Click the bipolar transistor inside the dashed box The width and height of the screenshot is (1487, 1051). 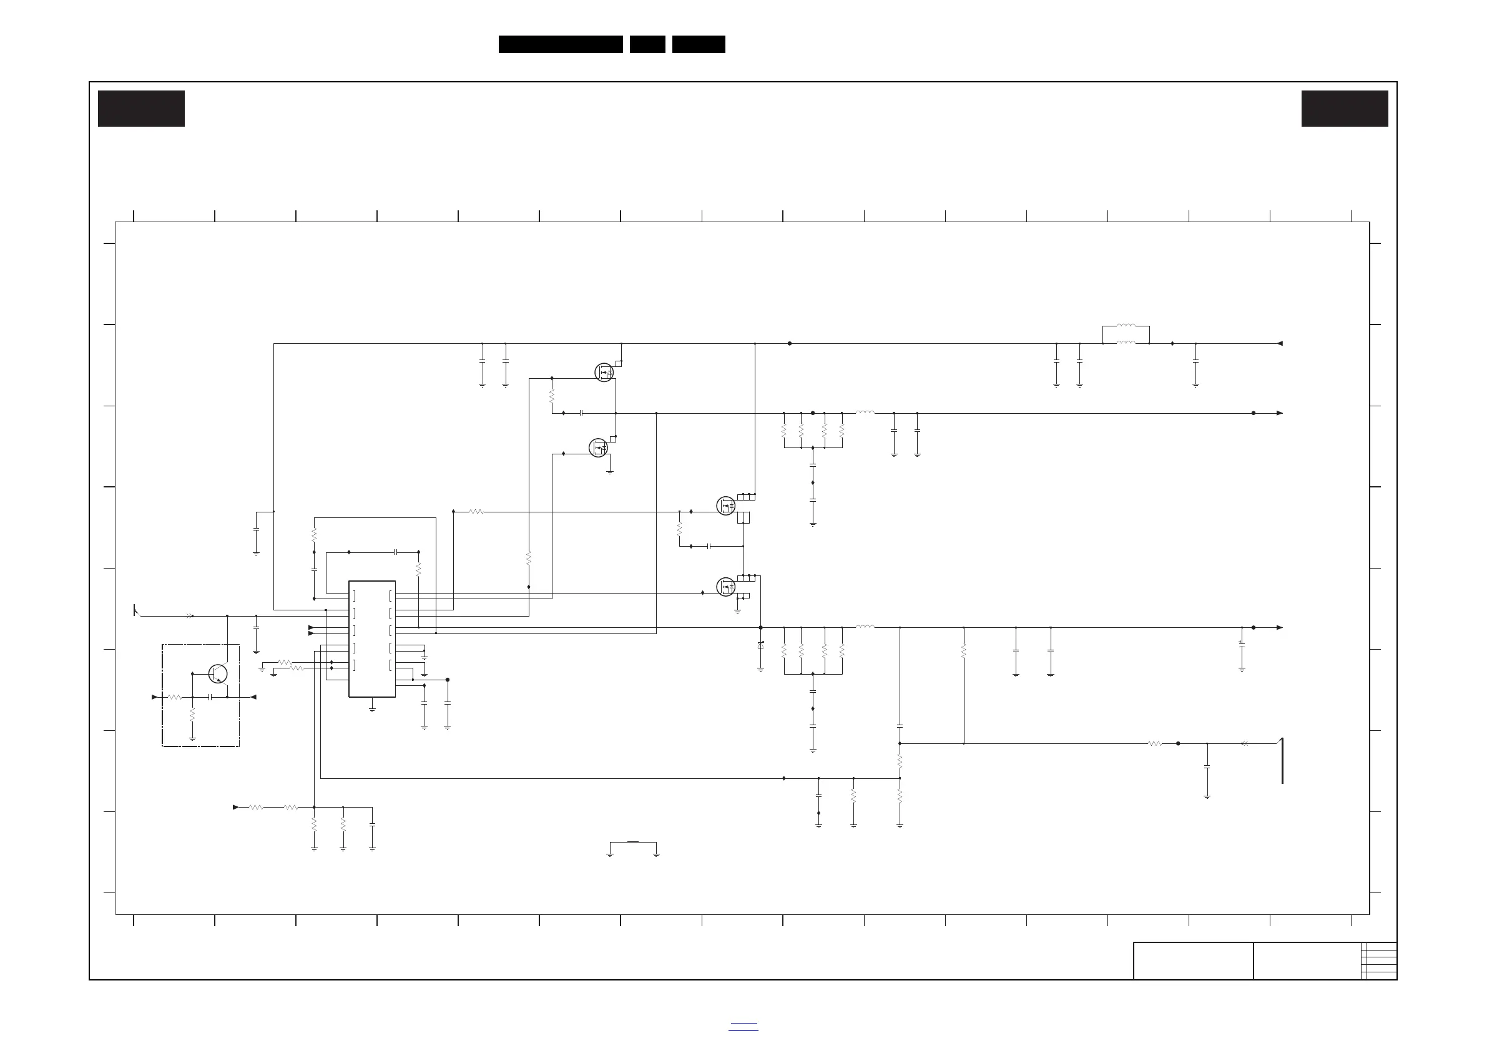coord(218,673)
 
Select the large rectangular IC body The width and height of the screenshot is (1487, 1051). coord(372,638)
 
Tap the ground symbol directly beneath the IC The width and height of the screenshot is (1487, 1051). coord(373,710)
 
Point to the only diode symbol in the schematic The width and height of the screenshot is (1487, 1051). coord(760,645)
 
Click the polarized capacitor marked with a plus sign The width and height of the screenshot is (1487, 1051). coord(1242,644)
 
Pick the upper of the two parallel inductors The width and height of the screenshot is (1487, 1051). coord(1126,326)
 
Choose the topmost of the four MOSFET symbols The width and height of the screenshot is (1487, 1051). coord(604,373)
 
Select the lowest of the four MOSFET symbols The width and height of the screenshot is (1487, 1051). coord(726,587)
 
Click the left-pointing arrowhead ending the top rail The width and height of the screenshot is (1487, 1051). coord(1280,343)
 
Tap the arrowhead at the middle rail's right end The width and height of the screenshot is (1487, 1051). coord(1280,413)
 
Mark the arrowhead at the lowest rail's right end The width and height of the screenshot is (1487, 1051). coord(1280,627)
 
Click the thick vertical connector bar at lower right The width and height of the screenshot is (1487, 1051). coord(1282,760)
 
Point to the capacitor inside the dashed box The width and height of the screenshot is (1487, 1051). coord(210,697)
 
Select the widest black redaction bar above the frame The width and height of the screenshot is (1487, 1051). coord(560,44)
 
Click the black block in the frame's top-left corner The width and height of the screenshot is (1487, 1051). coord(141,109)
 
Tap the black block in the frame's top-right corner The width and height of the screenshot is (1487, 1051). coord(1345,109)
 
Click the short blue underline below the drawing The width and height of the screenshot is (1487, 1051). coord(743,1023)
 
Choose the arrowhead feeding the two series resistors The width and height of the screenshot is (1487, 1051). coord(236,807)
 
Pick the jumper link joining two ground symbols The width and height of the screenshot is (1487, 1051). coord(633,843)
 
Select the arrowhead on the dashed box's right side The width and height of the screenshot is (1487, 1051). coord(253,697)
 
